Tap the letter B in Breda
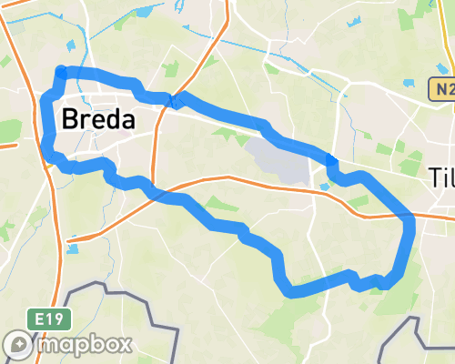point(70,119)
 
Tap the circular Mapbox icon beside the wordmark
point(17,344)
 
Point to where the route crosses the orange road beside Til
point(409,217)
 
